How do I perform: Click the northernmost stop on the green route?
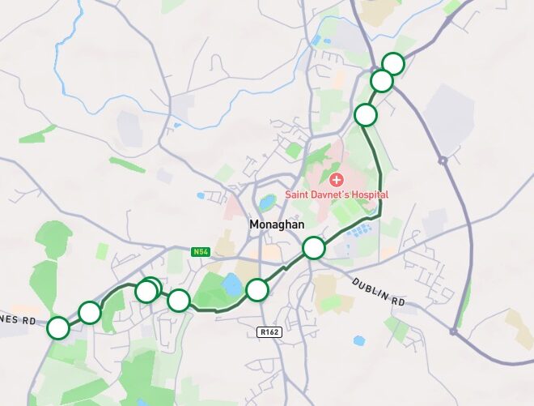pyautogui.click(x=392, y=63)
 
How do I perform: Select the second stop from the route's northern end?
pyautogui.click(x=381, y=81)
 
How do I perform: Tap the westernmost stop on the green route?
pyautogui.click(x=58, y=328)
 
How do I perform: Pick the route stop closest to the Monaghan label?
pyautogui.click(x=313, y=247)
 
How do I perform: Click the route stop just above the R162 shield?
pyautogui.click(x=256, y=289)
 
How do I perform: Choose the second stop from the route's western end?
pyautogui.click(x=90, y=312)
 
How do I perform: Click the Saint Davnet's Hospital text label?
pyautogui.click(x=337, y=194)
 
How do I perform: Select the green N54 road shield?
pyautogui.click(x=201, y=252)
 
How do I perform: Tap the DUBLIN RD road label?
pyautogui.click(x=378, y=290)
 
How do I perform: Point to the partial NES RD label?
pyautogui.click(x=18, y=321)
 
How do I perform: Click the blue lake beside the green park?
pyautogui.click(x=231, y=285)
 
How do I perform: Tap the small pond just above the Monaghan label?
pyautogui.click(x=267, y=203)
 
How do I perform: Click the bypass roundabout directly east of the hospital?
pyautogui.click(x=443, y=160)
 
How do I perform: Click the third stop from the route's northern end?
pyautogui.click(x=366, y=115)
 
